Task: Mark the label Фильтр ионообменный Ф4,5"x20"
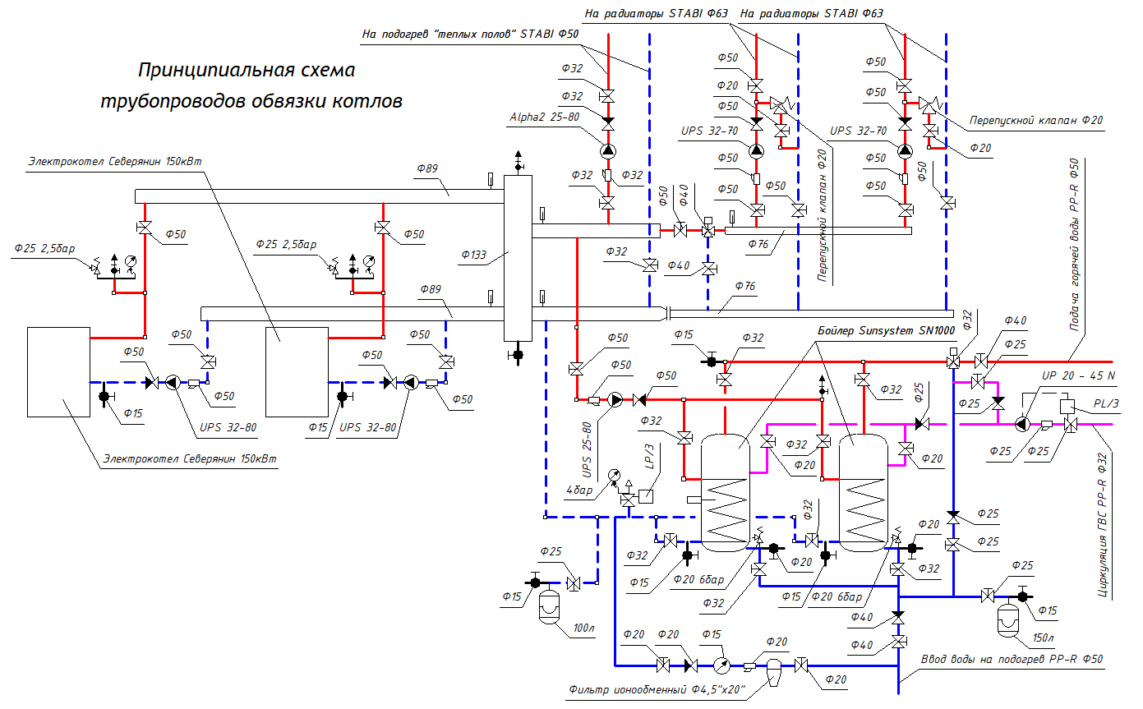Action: (x=656, y=691)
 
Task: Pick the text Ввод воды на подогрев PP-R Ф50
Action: (x=1012, y=659)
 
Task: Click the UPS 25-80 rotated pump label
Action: (x=587, y=451)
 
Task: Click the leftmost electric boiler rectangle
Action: (x=58, y=371)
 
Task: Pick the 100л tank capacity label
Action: (x=583, y=628)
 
